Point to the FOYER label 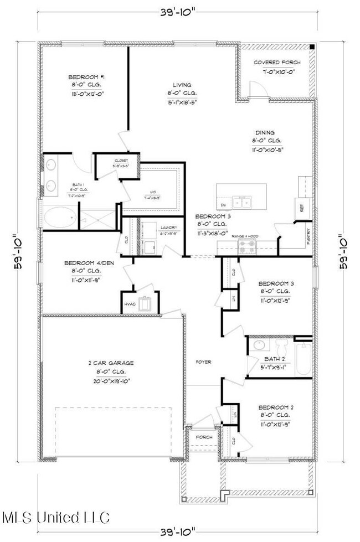tap(203, 362)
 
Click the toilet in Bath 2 tap(281, 349)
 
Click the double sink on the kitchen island tap(241, 201)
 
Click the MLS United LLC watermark tap(55, 518)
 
